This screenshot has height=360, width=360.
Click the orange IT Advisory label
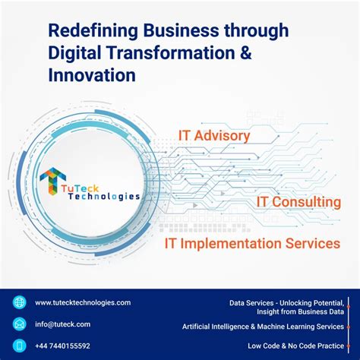pos(213,136)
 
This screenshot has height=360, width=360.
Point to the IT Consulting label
pos(298,202)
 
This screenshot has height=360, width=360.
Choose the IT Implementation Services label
pos(252,244)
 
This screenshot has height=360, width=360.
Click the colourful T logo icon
pos(53,180)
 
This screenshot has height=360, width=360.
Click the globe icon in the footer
pos(19,302)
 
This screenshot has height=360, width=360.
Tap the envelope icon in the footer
pos(19,324)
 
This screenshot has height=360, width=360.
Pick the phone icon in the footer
pos(19,346)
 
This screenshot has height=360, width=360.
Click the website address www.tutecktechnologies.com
pos(83,302)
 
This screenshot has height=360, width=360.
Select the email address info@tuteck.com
pos(62,324)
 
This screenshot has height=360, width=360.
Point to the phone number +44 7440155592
pos(62,346)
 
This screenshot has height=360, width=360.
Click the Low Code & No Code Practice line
pos(295,346)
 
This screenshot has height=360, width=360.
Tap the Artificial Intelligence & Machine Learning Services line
pos(263,327)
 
